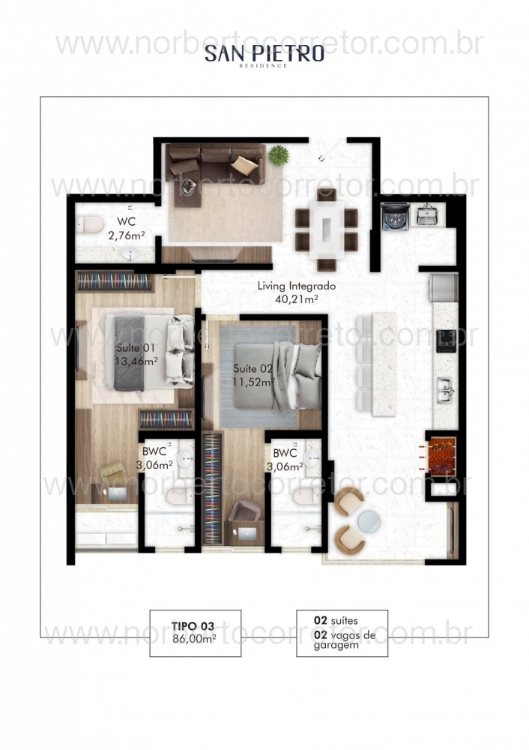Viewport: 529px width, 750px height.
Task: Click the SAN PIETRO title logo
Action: pyautogui.click(x=264, y=54)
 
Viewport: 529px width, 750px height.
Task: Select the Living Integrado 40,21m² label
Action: pyautogui.click(x=295, y=292)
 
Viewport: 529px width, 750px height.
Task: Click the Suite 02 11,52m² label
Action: pyautogui.click(x=253, y=374)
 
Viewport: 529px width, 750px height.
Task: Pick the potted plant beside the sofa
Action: pyautogui.click(x=279, y=155)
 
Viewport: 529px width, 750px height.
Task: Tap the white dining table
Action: pyautogui.click(x=327, y=228)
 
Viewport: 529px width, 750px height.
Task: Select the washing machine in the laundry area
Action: pyautogui.click(x=392, y=218)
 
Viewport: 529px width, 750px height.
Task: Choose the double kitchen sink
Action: pyautogui.click(x=446, y=388)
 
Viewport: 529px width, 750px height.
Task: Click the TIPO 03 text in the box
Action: pyautogui.click(x=194, y=626)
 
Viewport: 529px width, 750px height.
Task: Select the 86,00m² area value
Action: pyautogui.click(x=194, y=640)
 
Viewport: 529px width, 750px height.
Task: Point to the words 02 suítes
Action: pyautogui.click(x=336, y=621)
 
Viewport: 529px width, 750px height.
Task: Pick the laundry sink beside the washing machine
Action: pyautogui.click(x=426, y=217)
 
